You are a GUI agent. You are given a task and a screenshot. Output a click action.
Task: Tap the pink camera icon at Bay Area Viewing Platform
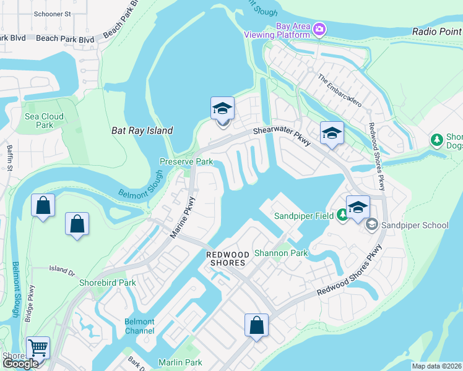point(319,28)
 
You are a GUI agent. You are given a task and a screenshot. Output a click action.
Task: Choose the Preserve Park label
point(186,162)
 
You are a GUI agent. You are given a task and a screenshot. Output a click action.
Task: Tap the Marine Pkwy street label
point(183,218)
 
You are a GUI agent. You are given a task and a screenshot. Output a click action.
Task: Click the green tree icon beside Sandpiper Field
point(342,216)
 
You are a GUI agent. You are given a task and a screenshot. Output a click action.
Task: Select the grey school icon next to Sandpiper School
point(371,224)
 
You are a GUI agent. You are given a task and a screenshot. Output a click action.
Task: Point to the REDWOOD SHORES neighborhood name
point(227,258)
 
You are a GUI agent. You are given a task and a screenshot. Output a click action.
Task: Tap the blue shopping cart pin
point(38,348)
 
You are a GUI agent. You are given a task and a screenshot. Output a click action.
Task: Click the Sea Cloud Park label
point(44,121)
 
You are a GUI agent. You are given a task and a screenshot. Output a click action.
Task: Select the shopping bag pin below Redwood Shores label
point(256,325)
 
